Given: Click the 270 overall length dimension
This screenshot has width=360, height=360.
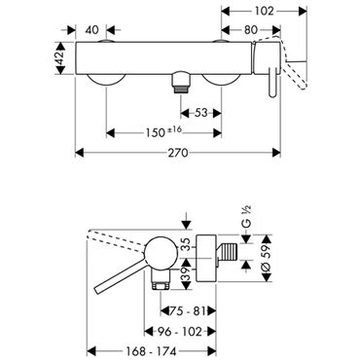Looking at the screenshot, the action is click(x=178, y=153).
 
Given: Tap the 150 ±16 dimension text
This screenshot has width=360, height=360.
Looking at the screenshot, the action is click(x=163, y=132).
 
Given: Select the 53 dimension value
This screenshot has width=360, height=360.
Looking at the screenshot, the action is click(x=201, y=113).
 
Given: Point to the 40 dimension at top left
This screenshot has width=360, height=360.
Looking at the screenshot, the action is click(x=92, y=30).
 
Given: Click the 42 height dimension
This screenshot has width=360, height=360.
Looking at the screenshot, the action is click(x=60, y=58).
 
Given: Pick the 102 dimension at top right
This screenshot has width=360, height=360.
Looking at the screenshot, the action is click(x=263, y=12).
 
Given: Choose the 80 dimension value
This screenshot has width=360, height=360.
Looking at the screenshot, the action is click(x=250, y=30).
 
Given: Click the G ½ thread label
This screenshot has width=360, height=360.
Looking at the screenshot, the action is click(x=246, y=217).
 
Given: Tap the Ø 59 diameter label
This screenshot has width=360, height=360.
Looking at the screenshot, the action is click(x=266, y=259).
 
